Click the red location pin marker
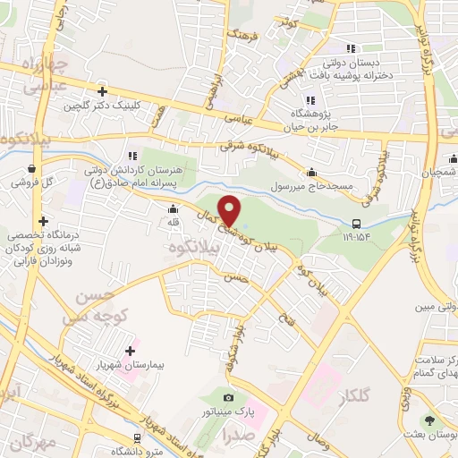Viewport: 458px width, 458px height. pyautogui.click(x=230, y=210)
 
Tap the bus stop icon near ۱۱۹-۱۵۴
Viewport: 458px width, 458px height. pyautogui.click(x=357, y=225)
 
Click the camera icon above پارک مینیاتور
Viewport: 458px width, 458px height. pyautogui.click(x=229, y=397)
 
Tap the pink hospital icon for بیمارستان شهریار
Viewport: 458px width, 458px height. pyautogui.click(x=131, y=350)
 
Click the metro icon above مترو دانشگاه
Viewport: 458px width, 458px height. pyautogui.click(x=136, y=438)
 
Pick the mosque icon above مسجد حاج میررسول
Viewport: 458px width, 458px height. pyautogui.click(x=311, y=172)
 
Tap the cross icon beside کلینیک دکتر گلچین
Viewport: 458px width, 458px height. pyautogui.click(x=104, y=91)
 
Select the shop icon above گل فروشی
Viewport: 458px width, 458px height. pyautogui.click(x=32, y=167)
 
